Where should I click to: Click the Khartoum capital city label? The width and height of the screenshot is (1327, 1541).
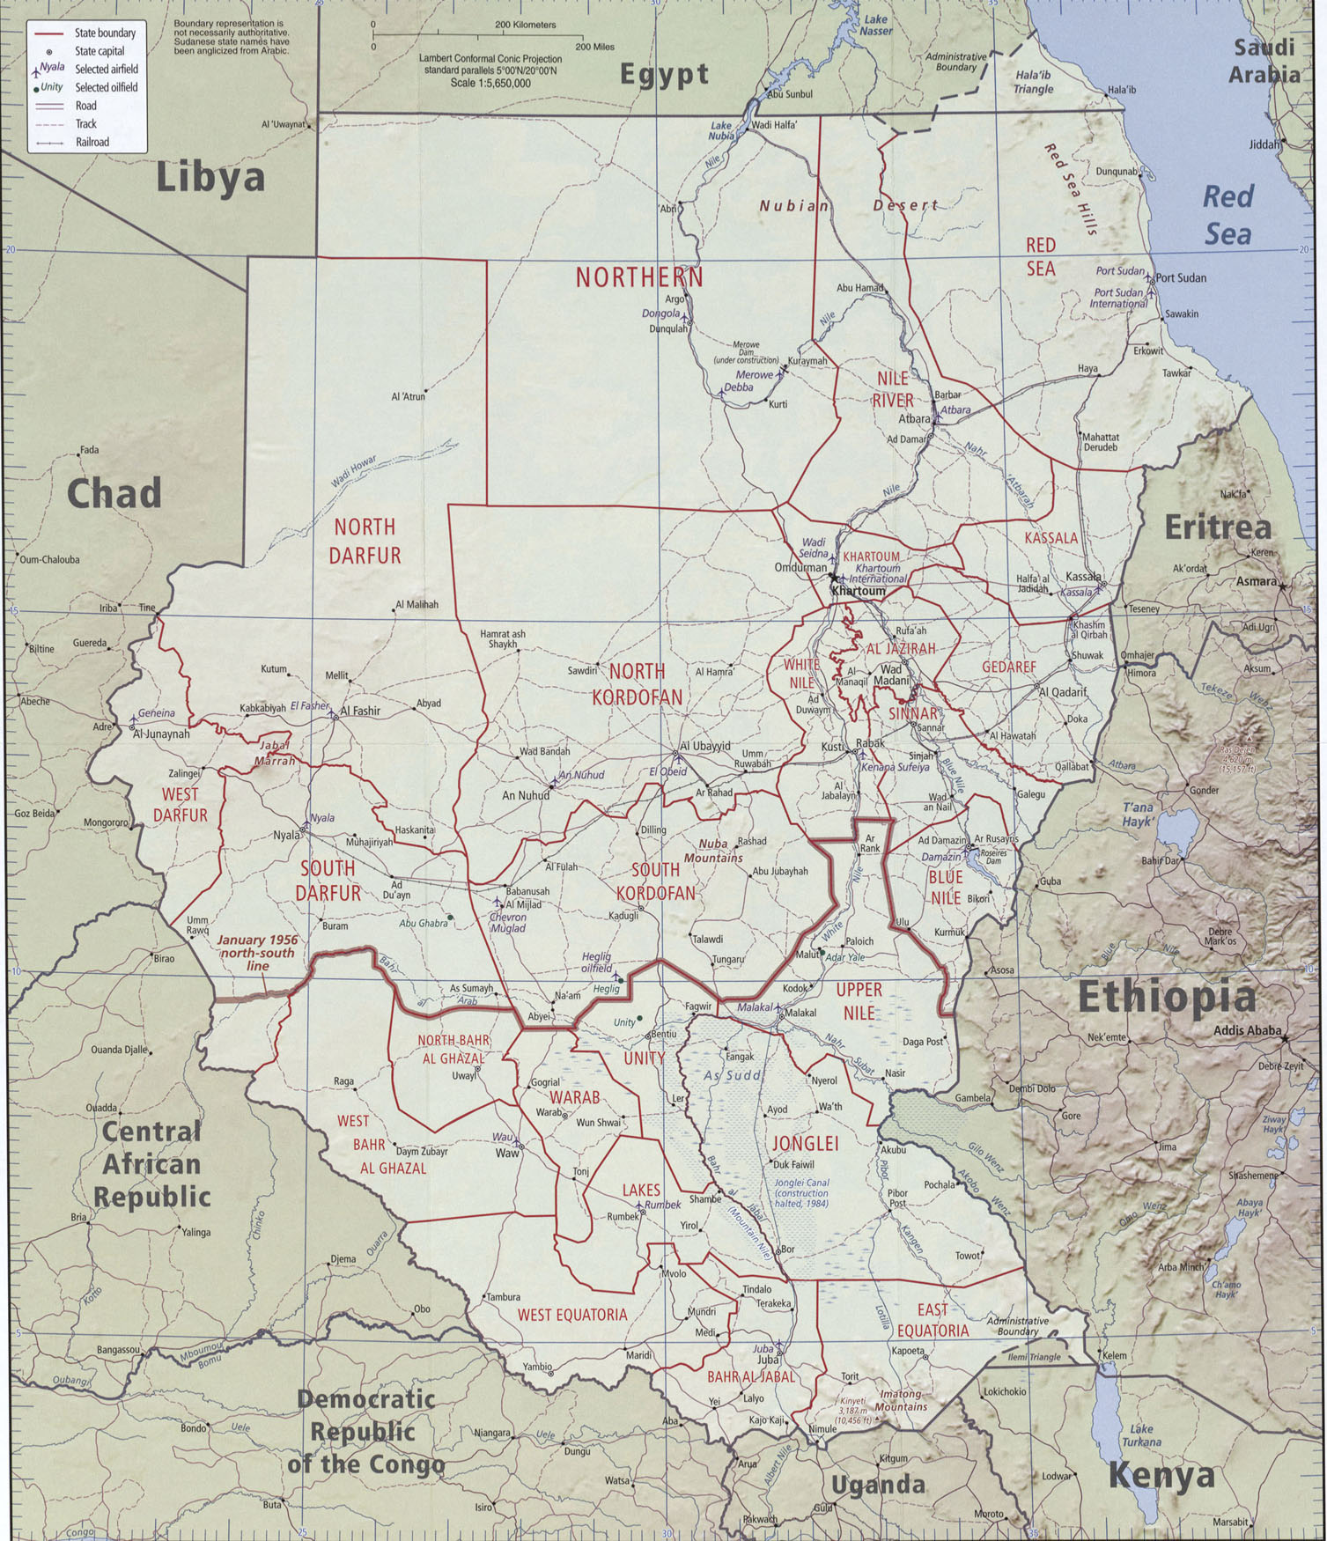(x=859, y=592)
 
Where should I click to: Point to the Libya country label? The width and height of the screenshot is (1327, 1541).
(x=210, y=179)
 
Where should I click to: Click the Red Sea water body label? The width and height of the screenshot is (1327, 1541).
(x=1227, y=216)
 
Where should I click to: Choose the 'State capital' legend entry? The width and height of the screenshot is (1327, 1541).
(x=100, y=51)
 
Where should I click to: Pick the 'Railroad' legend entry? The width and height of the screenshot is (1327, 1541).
(x=92, y=143)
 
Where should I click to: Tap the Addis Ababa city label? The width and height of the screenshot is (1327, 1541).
(x=1246, y=1031)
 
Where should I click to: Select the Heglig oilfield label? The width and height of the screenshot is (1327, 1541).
(x=596, y=962)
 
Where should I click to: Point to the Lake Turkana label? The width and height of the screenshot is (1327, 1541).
(x=1141, y=1435)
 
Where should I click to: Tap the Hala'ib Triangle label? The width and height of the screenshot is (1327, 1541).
(x=1033, y=83)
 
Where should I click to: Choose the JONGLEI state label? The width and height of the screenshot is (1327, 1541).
(x=804, y=1144)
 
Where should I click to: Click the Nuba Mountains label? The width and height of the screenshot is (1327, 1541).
(x=714, y=851)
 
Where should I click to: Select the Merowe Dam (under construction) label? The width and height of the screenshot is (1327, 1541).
(x=745, y=352)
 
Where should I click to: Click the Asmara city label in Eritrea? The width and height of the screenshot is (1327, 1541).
(x=1256, y=581)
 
